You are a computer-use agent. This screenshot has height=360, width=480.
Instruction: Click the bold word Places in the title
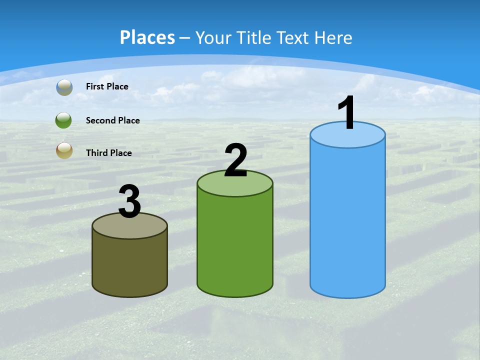(147, 37)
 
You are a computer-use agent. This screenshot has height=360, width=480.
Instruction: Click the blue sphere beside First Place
(64, 87)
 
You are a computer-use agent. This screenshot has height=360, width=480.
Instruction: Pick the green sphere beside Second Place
(64, 120)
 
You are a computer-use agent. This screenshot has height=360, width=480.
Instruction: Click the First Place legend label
(107, 86)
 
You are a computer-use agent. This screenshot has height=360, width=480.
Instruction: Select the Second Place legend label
(112, 120)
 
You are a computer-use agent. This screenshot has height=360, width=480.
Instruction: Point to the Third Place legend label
(108, 153)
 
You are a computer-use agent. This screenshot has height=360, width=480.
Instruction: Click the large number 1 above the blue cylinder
(347, 113)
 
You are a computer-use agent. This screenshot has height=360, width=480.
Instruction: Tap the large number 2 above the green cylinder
(235, 160)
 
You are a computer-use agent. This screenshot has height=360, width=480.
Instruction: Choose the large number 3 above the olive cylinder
(129, 202)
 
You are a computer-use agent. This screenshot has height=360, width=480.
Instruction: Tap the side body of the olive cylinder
(129, 265)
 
